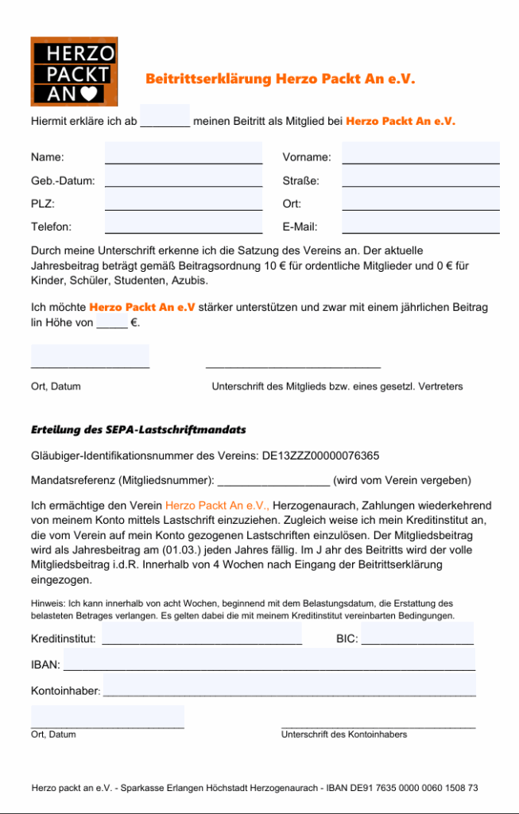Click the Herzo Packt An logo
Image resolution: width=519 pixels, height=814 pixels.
[x=74, y=72]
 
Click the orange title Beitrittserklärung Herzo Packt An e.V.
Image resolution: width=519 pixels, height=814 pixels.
[x=280, y=79]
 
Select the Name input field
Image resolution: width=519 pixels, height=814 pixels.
[x=184, y=153]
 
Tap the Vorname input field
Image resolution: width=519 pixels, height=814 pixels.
[x=420, y=153]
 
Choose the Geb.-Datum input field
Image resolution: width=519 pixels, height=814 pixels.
[x=184, y=177]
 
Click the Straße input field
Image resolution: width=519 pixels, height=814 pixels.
[x=420, y=177]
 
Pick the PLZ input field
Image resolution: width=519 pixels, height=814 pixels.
[x=184, y=200]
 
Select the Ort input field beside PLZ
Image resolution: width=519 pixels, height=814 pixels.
[x=420, y=200]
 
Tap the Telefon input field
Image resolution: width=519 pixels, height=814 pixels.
[x=184, y=223]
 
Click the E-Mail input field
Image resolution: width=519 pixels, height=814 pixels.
[x=420, y=223]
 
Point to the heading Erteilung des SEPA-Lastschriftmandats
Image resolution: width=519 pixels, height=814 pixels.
[x=138, y=430]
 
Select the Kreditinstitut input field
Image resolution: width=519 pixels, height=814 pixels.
[x=202, y=635]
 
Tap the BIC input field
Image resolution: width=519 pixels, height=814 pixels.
[x=417, y=635]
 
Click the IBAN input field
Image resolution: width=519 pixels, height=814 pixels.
[x=269, y=661]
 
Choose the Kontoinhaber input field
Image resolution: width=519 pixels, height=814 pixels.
[x=289, y=687]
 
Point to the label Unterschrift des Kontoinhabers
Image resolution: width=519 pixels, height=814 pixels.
[x=343, y=735]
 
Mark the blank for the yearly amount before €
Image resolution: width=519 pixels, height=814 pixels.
[x=111, y=323]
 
